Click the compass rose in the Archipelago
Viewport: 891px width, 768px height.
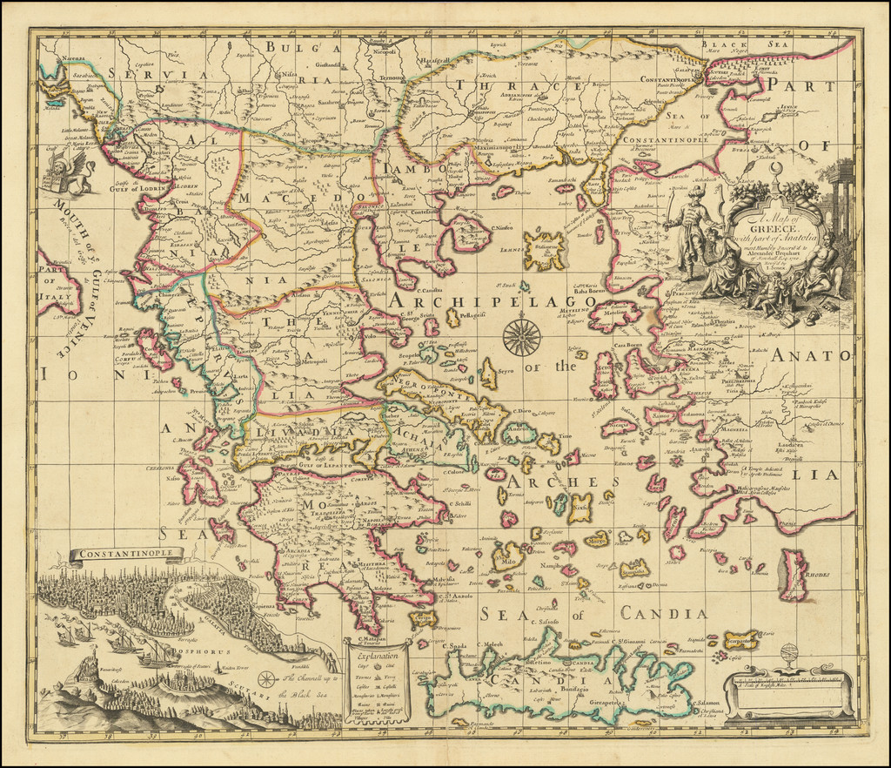coord(522,337)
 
